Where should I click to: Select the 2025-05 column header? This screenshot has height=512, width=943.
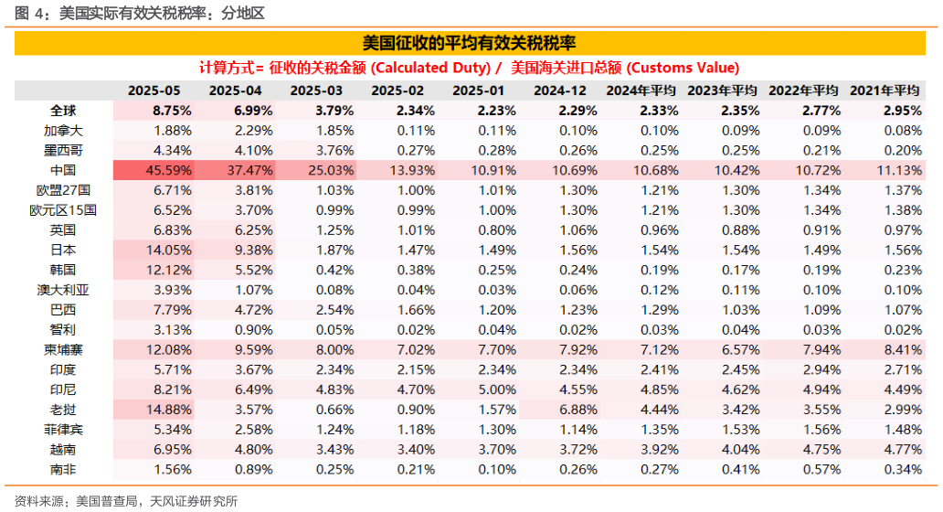point(154,91)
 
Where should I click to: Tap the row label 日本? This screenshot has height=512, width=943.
point(63,250)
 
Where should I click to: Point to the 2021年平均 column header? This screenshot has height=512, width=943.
point(884,91)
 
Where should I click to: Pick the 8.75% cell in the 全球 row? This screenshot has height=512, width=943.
point(173,110)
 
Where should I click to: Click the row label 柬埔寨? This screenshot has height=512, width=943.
point(63,349)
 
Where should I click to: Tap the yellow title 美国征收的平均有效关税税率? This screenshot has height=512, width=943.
point(469,43)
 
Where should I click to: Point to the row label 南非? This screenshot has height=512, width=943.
point(63,469)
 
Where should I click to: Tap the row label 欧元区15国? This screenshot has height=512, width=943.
point(63,210)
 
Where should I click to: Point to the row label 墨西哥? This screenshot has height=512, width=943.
point(63,150)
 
